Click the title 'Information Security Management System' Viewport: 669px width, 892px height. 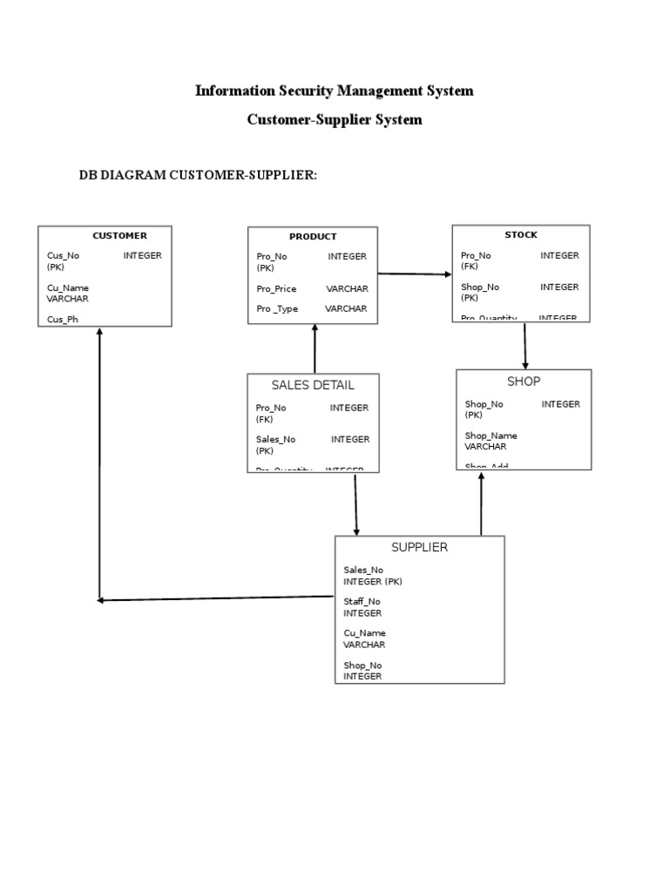click(x=334, y=91)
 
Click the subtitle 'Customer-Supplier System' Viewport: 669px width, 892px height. click(x=334, y=120)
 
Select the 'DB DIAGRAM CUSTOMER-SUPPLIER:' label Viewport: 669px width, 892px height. click(x=198, y=176)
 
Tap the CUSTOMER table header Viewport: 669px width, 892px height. click(x=119, y=236)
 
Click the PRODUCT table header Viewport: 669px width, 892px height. click(x=313, y=237)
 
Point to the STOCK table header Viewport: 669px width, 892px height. click(x=521, y=235)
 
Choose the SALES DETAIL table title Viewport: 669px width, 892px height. click(x=313, y=385)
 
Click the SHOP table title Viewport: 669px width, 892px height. click(x=524, y=382)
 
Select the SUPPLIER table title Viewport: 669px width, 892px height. click(x=419, y=547)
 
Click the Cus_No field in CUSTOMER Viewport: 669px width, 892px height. click(x=63, y=256)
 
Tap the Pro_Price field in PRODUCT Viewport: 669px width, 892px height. click(x=276, y=288)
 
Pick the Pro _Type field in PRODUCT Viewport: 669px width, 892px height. click(x=277, y=309)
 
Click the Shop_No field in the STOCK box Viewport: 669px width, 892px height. click(x=480, y=287)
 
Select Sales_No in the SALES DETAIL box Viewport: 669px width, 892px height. click(x=275, y=440)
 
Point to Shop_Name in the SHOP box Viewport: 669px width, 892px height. click(x=490, y=436)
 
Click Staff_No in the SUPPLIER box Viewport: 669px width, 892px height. click(x=362, y=602)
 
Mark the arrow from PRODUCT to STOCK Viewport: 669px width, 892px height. click(x=415, y=274)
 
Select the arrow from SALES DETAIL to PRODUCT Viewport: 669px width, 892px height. click(x=314, y=348)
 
